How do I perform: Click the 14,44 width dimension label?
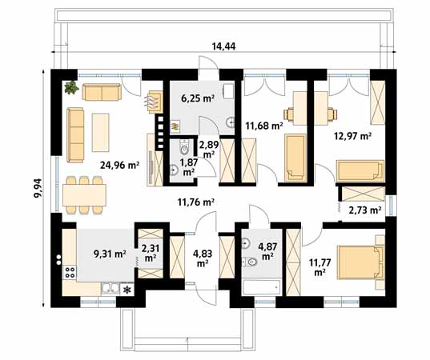click(223, 46)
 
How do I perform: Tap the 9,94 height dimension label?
click(38, 188)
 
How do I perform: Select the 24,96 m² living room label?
click(120, 165)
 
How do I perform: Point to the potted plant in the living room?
click(71, 87)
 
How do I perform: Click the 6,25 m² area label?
click(198, 98)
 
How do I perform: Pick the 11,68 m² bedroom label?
click(264, 126)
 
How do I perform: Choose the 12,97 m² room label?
click(353, 135)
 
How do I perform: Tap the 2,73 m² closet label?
click(364, 210)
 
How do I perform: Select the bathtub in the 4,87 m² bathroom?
click(261, 288)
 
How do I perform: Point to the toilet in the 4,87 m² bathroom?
click(250, 262)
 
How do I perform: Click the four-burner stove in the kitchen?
click(70, 272)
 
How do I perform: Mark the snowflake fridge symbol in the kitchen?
click(127, 290)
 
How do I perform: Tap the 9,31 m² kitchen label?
click(110, 254)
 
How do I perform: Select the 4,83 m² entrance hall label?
click(203, 258)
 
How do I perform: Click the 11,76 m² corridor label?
click(196, 202)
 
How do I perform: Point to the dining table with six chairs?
click(84, 195)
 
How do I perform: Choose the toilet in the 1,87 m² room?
click(184, 147)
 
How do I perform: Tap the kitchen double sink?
click(111, 289)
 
